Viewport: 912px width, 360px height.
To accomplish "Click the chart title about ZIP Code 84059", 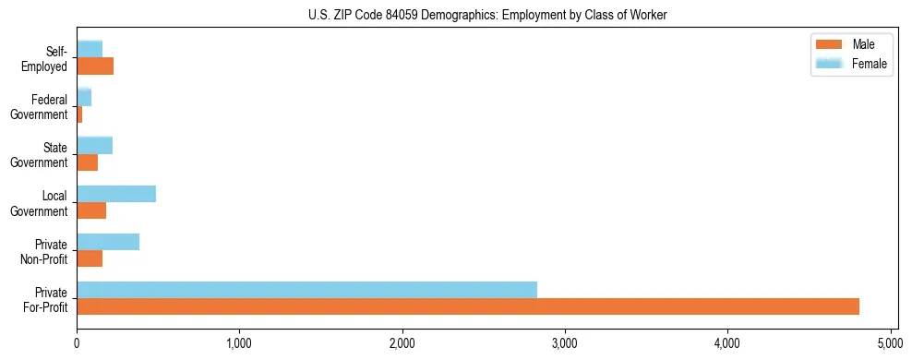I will click(x=487, y=15).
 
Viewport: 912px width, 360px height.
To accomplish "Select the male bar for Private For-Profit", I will click(x=468, y=306).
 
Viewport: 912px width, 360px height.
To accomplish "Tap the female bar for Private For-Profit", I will click(x=306, y=290).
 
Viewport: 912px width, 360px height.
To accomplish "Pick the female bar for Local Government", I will click(x=116, y=194).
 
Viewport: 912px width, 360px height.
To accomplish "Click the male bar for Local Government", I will click(x=91, y=210).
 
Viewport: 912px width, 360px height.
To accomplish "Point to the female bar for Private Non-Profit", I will click(x=108, y=242).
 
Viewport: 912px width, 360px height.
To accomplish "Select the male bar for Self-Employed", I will click(x=95, y=66).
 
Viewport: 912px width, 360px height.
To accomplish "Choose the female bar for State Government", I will click(x=95, y=145).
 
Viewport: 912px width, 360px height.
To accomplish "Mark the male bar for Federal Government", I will click(x=79, y=114).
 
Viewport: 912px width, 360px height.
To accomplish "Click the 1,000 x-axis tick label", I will click(x=239, y=343).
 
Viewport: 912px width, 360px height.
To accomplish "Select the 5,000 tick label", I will click(x=890, y=343).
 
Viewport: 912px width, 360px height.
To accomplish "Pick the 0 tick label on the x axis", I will click(x=77, y=343).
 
